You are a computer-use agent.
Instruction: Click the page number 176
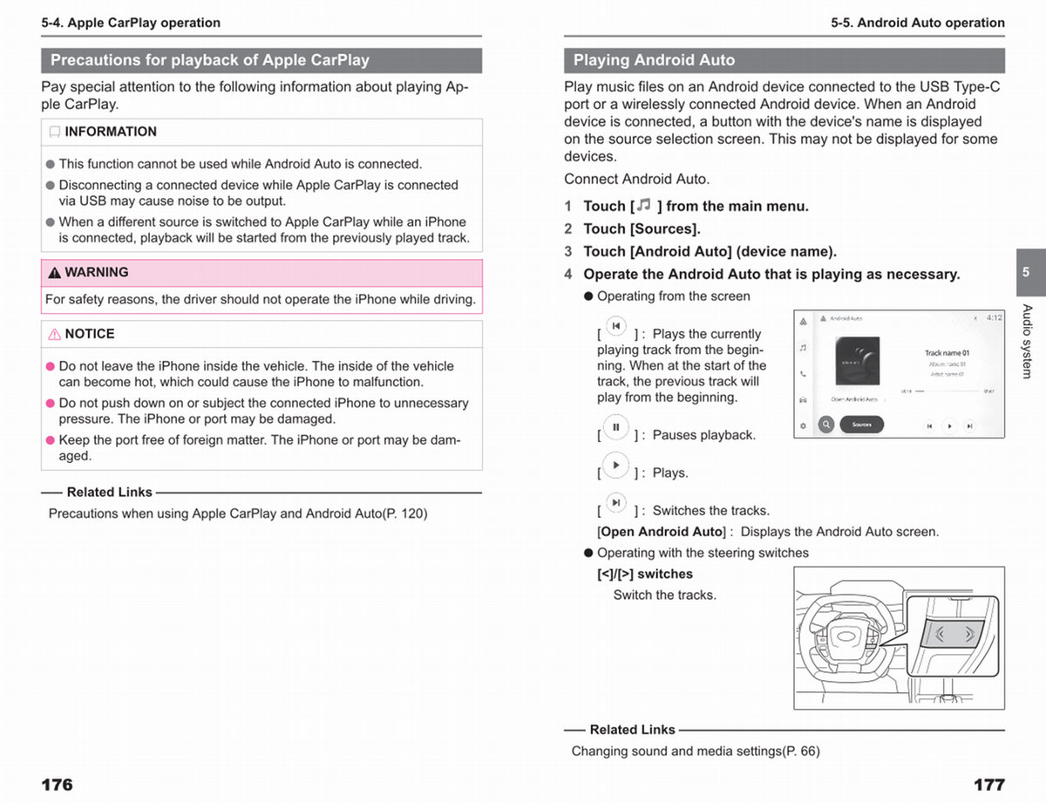tap(58, 785)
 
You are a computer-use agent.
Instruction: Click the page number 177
tap(988, 785)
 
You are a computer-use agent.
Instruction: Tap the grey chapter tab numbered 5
tap(1026, 272)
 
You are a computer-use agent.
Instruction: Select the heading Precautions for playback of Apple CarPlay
tap(210, 60)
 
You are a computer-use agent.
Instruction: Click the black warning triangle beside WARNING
tap(55, 273)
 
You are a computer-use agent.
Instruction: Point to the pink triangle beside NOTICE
tap(55, 334)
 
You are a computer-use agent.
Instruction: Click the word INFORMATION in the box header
tap(111, 132)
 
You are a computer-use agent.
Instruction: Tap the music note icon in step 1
tap(643, 205)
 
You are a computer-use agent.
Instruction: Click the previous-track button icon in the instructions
tap(615, 326)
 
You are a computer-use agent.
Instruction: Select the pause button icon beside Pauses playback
tap(615, 427)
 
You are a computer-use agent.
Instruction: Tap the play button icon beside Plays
tap(615, 466)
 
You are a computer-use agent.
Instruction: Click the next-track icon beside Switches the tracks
tap(615, 503)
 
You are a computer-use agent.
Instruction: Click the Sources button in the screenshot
tap(861, 425)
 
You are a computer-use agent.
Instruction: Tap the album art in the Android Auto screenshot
tap(857, 361)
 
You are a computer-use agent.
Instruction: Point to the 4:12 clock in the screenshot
tap(994, 318)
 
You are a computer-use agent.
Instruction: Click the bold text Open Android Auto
tap(662, 532)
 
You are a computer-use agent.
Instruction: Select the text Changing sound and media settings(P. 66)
tap(696, 751)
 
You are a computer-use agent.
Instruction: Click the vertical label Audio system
tap(1027, 341)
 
